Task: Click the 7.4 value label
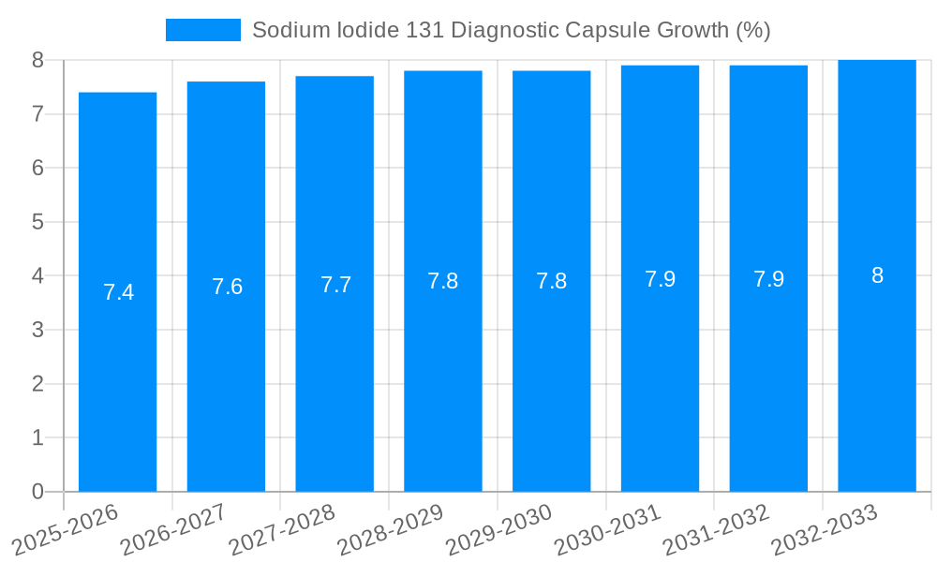(118, 292)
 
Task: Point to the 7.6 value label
(227, 287)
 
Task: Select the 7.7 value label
(335, 285)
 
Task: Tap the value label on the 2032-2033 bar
(877, 275)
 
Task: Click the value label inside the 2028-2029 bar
(443, 281)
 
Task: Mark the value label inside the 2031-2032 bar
(768, 279)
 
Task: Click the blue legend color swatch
(202, 30)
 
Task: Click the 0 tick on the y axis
(37, 492)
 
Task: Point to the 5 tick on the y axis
(37, 222)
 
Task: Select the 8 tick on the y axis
(37, 60)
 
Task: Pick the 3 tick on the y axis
(37, 330)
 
